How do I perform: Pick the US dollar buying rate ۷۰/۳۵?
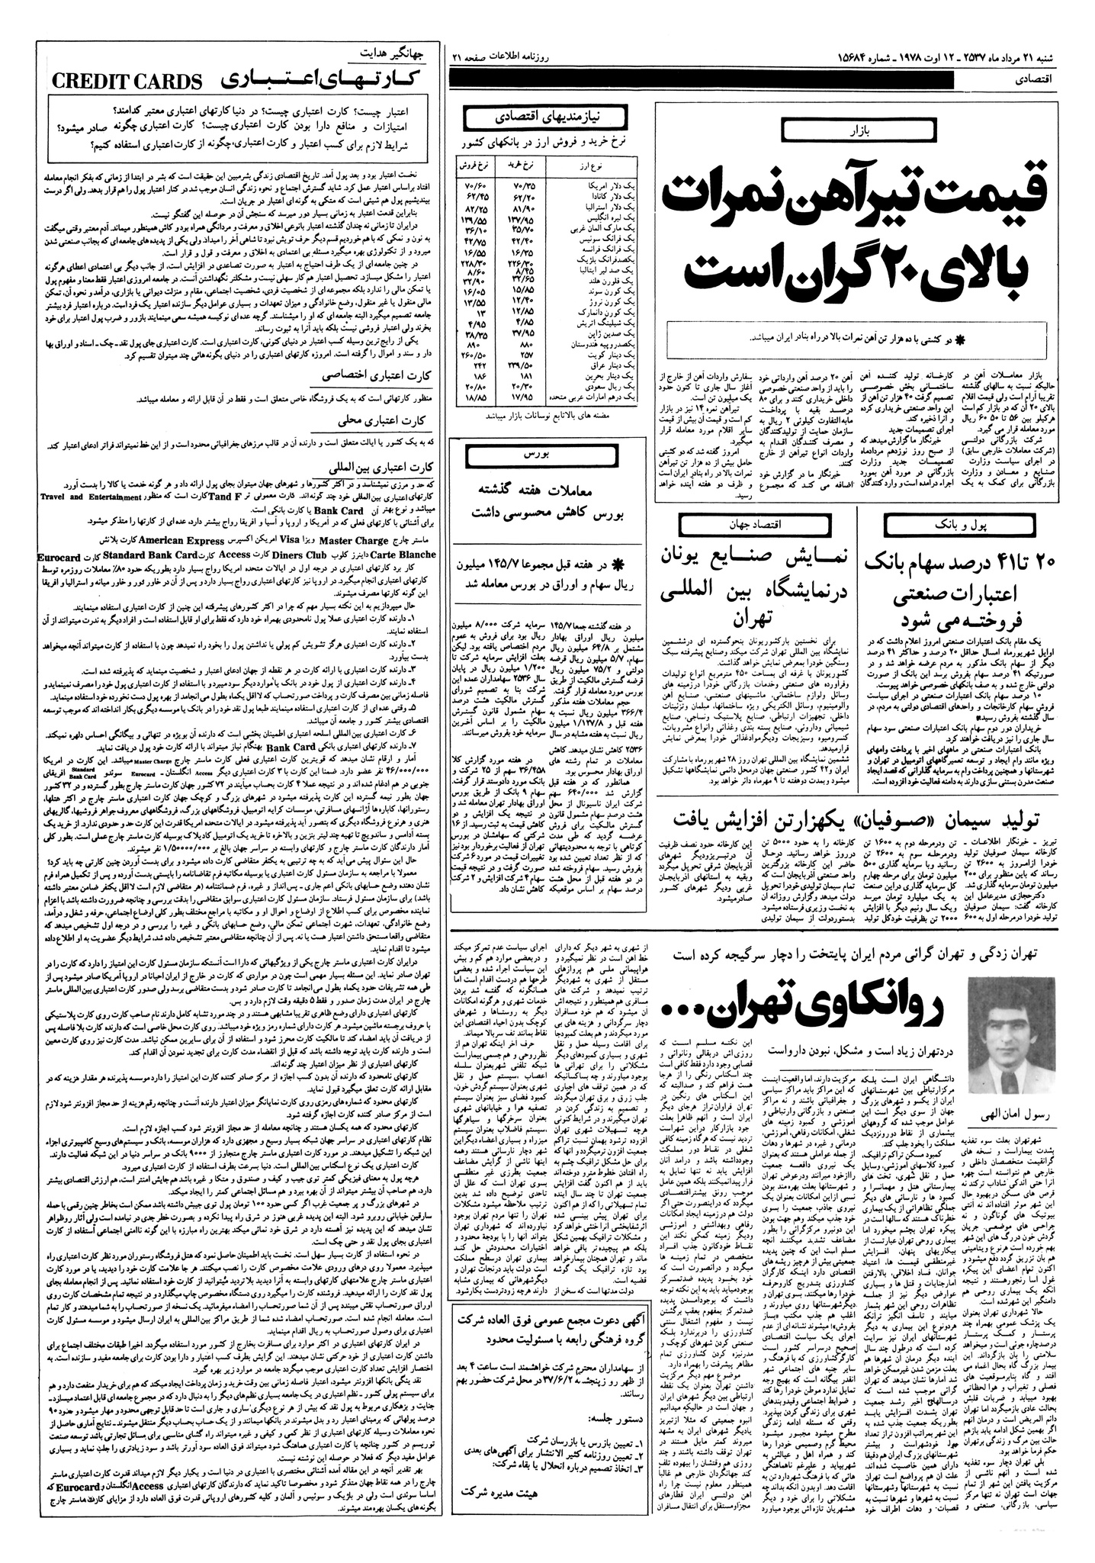[527, 185]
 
